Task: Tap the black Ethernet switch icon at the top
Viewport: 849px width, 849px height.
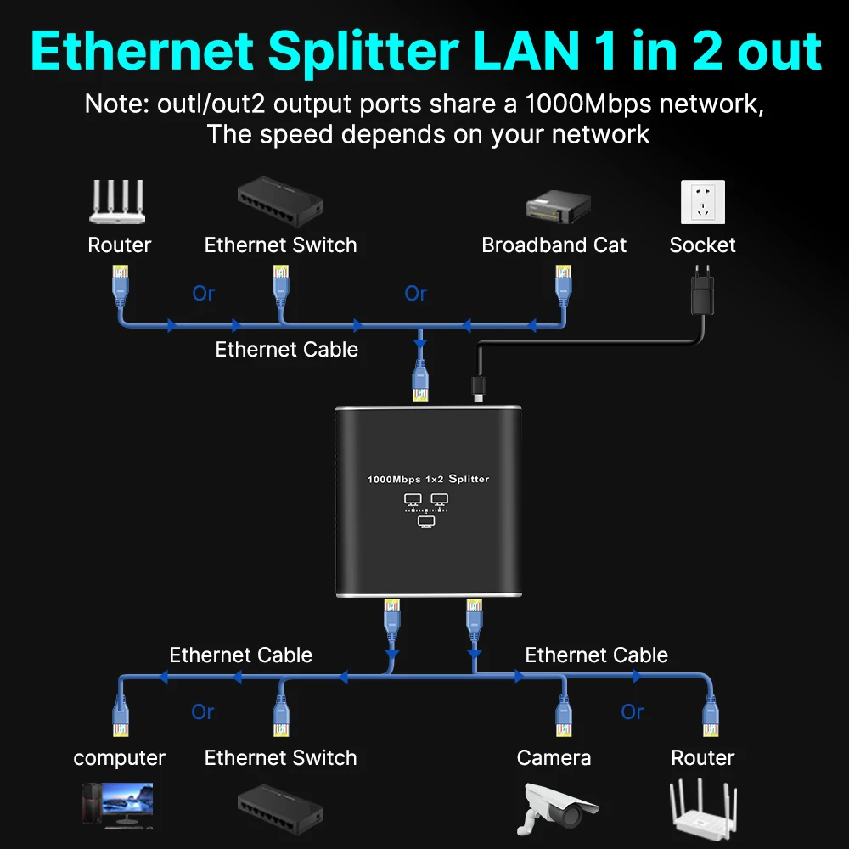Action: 280,201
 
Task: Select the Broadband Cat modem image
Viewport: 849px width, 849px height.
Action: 559,206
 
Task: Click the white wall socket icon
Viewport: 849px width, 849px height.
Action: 703,202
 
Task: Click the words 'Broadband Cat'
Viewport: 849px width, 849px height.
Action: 554,245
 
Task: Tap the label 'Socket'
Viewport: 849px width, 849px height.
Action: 702,245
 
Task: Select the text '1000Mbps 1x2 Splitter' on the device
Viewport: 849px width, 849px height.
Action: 428,479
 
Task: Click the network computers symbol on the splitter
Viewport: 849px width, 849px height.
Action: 426,510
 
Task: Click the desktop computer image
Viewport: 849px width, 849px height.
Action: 118,806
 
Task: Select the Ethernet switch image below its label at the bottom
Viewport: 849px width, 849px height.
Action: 280,809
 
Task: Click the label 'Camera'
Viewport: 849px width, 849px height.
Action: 554,757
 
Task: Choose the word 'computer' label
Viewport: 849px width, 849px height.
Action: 119,758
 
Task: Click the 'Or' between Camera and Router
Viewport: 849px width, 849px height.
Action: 632,711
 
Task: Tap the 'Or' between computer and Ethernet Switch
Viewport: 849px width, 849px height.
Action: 203,711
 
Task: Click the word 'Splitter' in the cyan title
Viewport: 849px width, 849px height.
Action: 363,51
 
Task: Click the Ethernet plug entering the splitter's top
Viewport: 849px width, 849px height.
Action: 421,380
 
